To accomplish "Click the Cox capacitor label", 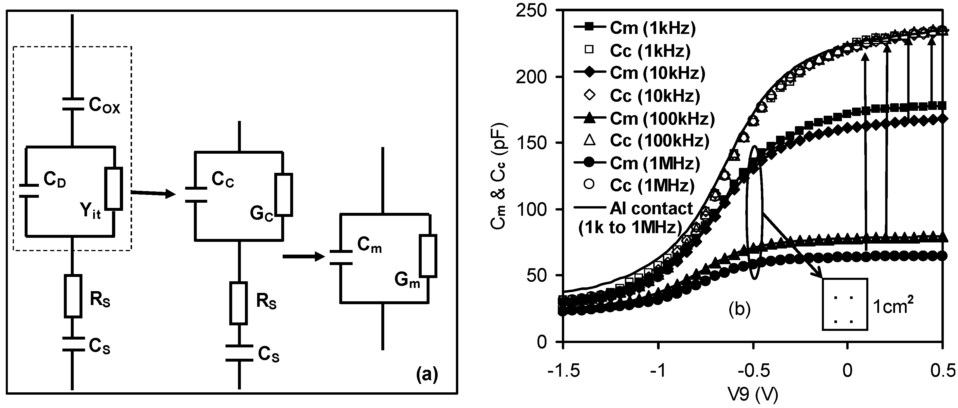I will tap(104, 106).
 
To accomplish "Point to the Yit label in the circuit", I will tap(90, 212).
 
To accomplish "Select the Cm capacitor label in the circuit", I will tap(369, 245).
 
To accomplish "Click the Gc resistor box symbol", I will tap(284, 194).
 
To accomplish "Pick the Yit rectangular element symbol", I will tap(113, 188).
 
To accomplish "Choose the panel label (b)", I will tap(739, 309).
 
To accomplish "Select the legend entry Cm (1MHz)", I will tap(654, 163).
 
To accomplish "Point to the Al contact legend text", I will tap(651, 208).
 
